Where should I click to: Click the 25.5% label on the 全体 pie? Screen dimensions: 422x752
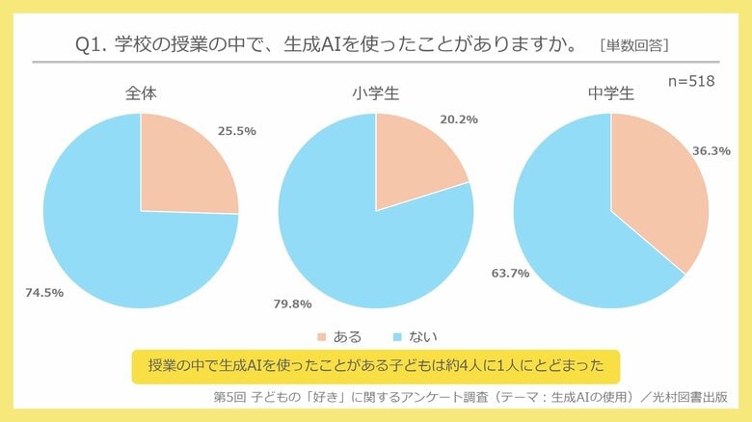coord(236,130)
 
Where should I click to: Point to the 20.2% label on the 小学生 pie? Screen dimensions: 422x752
coord(459,119)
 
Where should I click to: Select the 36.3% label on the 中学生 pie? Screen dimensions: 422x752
coord(711,151)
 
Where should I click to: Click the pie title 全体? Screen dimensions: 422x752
coord(141,93)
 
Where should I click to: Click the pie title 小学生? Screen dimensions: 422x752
coord(375,93)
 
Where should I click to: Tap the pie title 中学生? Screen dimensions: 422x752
coord(610,93)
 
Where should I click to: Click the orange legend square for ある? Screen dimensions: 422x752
coord(321,337)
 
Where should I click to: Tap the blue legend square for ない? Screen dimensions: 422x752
coord(396,337)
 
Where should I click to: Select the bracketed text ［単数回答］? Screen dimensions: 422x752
coord(633,45)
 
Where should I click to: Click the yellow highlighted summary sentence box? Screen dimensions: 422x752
coord(375,366)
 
